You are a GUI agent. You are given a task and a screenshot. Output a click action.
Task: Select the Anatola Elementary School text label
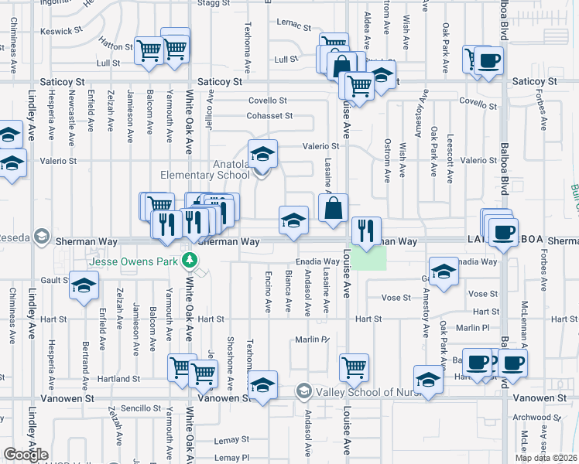[205, 169]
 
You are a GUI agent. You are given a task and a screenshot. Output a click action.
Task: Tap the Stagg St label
[214, 4]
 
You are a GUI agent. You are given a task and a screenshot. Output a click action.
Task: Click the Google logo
[26, 455]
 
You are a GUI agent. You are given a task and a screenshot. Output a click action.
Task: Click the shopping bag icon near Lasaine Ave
[333, 208]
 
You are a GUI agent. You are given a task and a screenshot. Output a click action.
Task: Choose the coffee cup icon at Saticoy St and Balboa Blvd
[488, 60]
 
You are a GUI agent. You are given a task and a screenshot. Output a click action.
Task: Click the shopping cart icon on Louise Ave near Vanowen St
[354, 367]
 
